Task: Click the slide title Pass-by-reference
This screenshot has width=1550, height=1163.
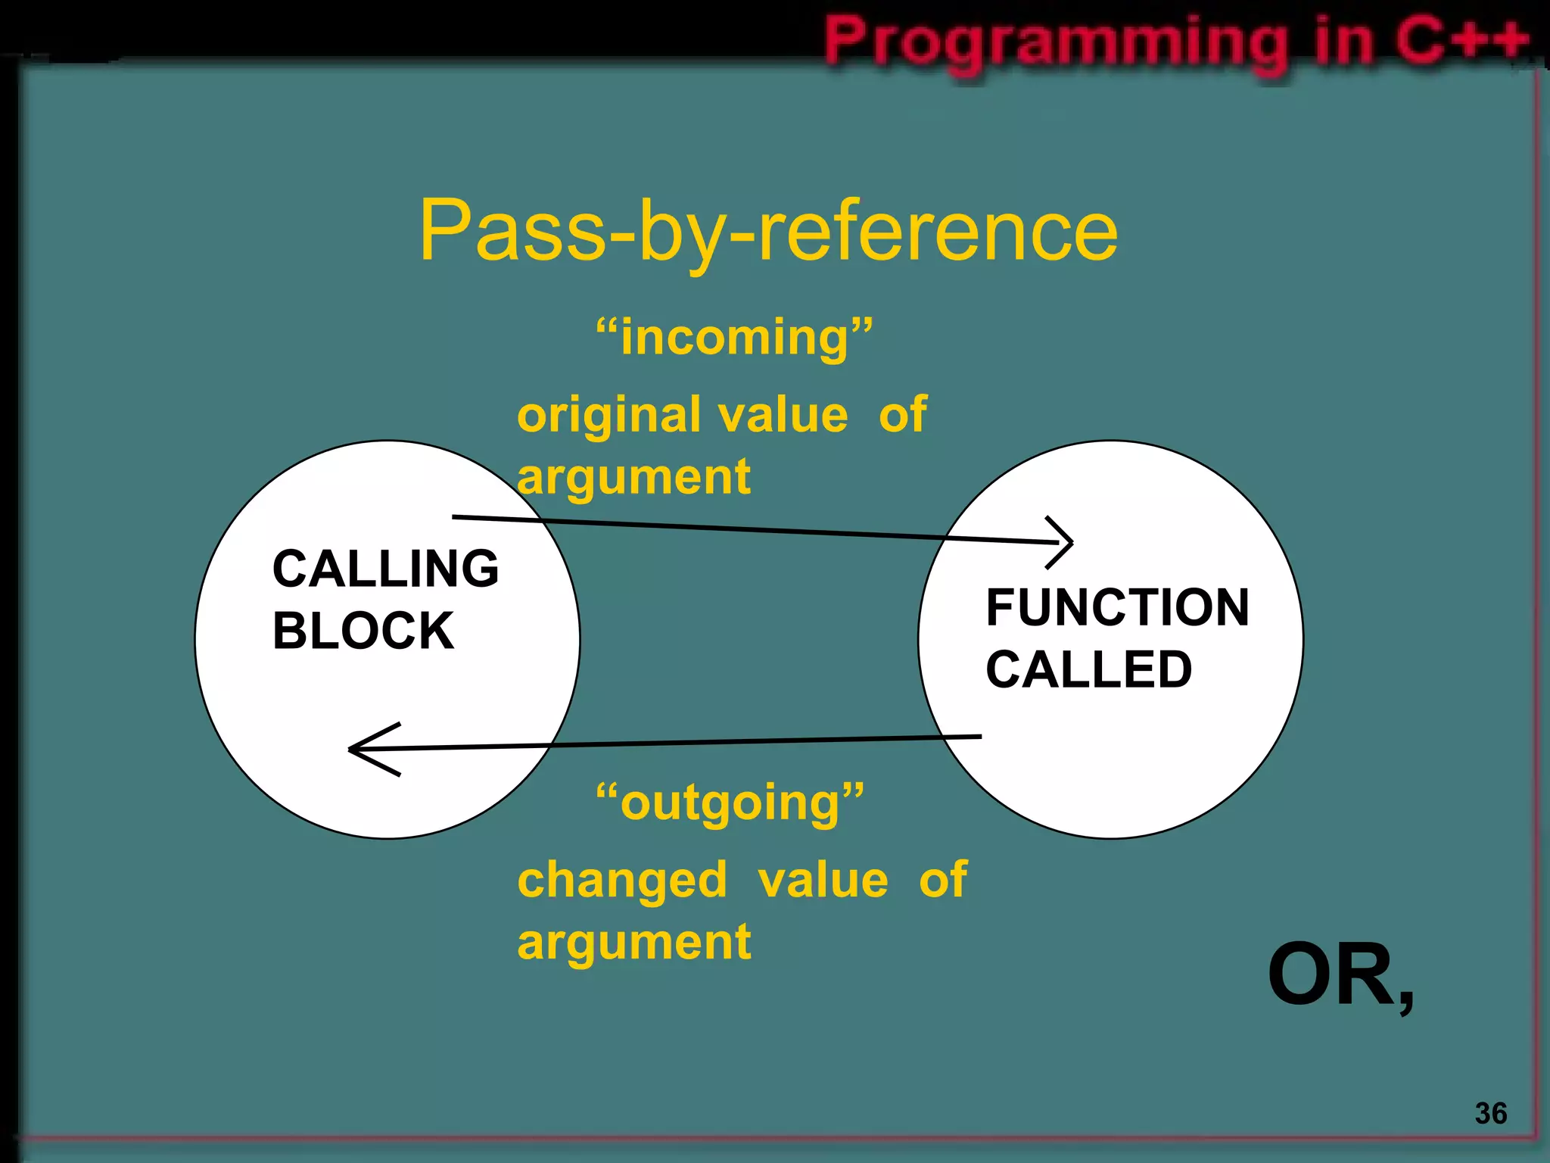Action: [768, 231]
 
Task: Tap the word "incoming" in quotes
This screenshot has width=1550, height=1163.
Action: [734, 338]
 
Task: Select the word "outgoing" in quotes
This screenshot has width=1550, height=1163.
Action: [730, 803]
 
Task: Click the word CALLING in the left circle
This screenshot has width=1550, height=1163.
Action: [385, 569]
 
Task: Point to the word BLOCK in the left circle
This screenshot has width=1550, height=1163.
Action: [363, 631]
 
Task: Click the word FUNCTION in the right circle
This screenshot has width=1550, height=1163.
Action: [1117, 607]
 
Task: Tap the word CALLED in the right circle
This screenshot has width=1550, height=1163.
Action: [1088, 669]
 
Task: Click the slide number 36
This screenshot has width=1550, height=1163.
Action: [1490, 1113]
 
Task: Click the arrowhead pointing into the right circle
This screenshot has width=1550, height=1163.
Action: [1063, 541]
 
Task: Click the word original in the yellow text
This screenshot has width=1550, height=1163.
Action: [608, 416]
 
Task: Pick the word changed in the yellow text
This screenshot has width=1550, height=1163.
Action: [622, 881]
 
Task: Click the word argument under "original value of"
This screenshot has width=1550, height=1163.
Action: [633, 478]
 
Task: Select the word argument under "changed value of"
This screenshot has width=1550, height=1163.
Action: [633, 943]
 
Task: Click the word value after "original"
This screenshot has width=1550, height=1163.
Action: [783, 416]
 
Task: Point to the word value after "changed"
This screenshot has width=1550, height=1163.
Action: [823, 881]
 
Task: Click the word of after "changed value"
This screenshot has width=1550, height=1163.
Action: [943, 881]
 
